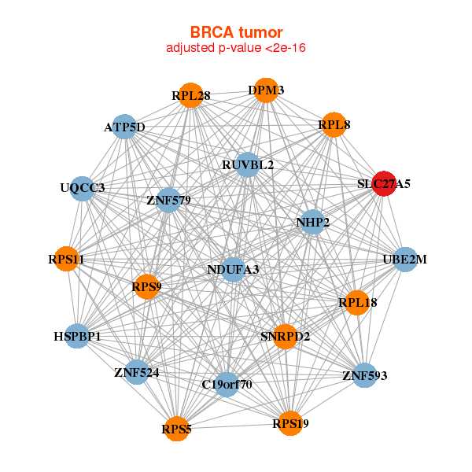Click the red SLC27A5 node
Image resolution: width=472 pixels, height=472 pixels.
point(384,183)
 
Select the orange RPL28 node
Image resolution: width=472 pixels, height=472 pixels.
point(191,95)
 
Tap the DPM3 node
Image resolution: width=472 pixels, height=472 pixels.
point(266,90)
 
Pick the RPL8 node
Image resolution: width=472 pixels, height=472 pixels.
point(334,124)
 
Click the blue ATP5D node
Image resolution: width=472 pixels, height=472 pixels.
point(124,127)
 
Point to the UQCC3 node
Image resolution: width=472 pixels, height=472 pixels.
point(82,189)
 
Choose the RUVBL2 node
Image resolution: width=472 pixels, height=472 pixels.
point(248,164)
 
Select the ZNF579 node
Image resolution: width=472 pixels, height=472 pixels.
point(168,200)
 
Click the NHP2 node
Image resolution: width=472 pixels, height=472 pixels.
point(313,222)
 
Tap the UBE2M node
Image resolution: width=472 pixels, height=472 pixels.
point(405,260)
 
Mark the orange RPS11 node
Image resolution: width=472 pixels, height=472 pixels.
point(66,259)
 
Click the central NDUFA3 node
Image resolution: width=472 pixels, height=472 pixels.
point(234,270)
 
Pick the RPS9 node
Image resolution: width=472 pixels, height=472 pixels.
point(147,287)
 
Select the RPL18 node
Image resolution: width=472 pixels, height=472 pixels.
point(358,303)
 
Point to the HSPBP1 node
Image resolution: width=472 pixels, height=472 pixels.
point(77,336)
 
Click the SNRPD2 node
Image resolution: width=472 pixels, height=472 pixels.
point(285,337)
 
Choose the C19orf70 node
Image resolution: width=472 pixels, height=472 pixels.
point(227,385)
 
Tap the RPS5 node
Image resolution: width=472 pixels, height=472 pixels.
point(177,429)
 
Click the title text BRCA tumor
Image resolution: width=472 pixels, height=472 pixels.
point(236,32)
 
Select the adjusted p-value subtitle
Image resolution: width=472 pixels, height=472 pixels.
point(236,48)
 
